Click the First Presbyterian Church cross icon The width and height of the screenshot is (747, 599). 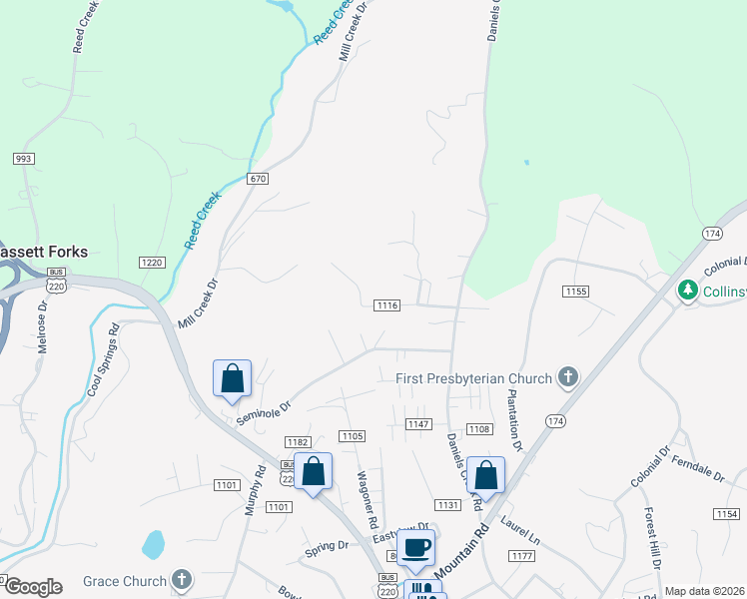(x=568, y=377)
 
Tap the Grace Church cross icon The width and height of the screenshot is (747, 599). (x=181, y=579)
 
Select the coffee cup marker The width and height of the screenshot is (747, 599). (x=416, y=547)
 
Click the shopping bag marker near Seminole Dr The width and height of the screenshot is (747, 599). (x=232, y=378)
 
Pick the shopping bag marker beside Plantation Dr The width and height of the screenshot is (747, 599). (x=485, y=475)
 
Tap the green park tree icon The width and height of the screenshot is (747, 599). (x=687, y=290)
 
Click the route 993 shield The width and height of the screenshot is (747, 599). (x=25, y=159)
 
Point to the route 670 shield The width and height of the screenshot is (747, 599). (x=259, y=178)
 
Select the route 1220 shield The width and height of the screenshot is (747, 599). (x=152, y=263)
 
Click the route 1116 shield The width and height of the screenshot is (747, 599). (x=387, y=304)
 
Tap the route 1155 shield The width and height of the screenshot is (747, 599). (x=575, y=292)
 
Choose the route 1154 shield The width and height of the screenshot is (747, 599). (x=727, y=513)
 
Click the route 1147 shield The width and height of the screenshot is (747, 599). (x=418, y=424)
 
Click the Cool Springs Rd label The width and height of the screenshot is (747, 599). (x=103, y=359)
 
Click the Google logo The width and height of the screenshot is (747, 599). (x=32, y=587)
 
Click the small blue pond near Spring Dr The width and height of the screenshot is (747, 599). (x=153, y=544)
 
